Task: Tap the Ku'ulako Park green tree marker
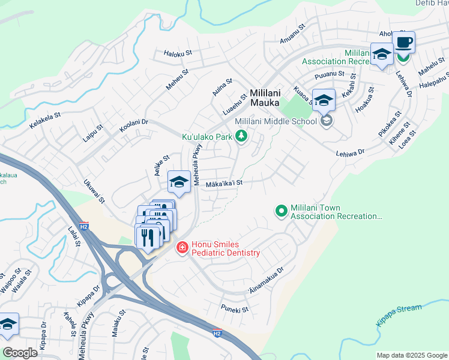(x=241, y=137)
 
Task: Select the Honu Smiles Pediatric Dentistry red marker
(x=181, y=247)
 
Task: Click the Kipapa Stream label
(x=399, y=315)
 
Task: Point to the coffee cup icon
(x=403, y=43)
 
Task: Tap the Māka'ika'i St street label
(x=224, y=184)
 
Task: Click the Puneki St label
(x=235, y=310)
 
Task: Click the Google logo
(x=20, y=353)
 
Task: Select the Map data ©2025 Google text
(x=412, y=355)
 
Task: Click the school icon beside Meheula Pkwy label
(x=179, y=181)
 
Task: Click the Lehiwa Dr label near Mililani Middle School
(x=351, y=153)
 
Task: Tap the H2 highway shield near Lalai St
(x=84, y=227)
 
